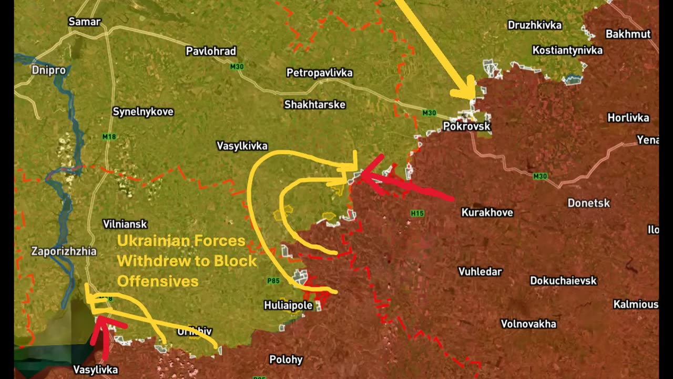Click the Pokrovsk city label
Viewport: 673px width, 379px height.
click(x=466, y=126)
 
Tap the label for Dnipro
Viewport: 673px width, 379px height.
click(x=48, y=70)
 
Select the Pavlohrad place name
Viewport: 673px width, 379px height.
click(x=211, y=51)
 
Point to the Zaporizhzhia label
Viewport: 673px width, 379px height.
click(x=64, y=251)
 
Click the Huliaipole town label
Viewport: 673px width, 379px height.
click(x=288, y=305)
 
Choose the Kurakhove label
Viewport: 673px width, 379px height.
click(x=487, y=213)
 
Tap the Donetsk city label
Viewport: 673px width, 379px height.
click(x=588, y=203)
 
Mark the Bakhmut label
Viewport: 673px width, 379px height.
click(x=628, y=34)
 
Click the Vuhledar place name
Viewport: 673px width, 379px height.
click(x=480, y=272)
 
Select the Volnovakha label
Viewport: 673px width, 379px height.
click(x=528, y=324)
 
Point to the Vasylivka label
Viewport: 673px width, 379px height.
click(x=96, y=370)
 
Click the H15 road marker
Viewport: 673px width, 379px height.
click(x=417, y=213)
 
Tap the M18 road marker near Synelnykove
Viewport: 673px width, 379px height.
click(x=109, y=137)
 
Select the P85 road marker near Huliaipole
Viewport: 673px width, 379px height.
click(x=273, y=281)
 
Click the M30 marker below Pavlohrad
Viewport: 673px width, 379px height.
click(x=237, y=67)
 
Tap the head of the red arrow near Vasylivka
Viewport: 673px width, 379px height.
click(x=100, y=322)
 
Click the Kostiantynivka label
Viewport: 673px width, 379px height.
click(x=567, y=51)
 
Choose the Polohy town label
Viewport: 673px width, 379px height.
click(x=286, y=360)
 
